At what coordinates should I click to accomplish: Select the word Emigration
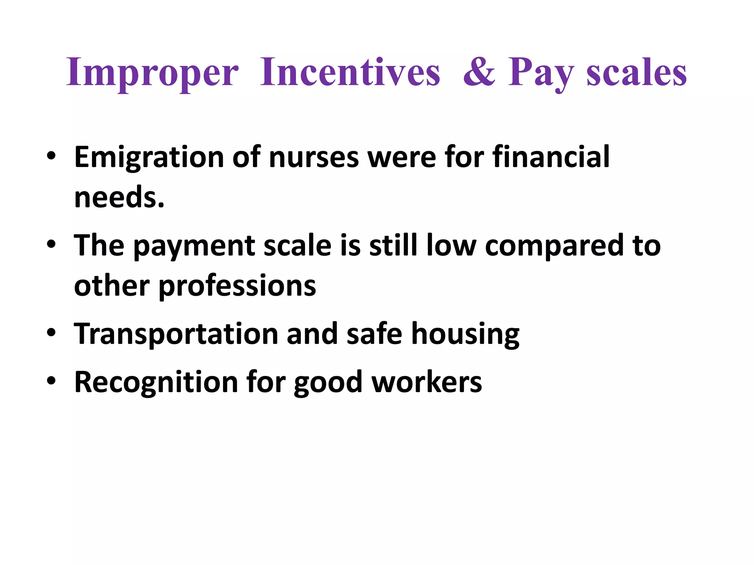pos(149,157)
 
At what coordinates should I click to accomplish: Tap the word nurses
pos(314,157)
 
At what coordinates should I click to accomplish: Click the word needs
pos(119,197)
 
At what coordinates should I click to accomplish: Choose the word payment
pos(194,246)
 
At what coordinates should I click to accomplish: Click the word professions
pos(237,286)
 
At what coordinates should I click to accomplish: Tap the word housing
pos(465,334)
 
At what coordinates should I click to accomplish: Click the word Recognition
pos(156,382)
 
